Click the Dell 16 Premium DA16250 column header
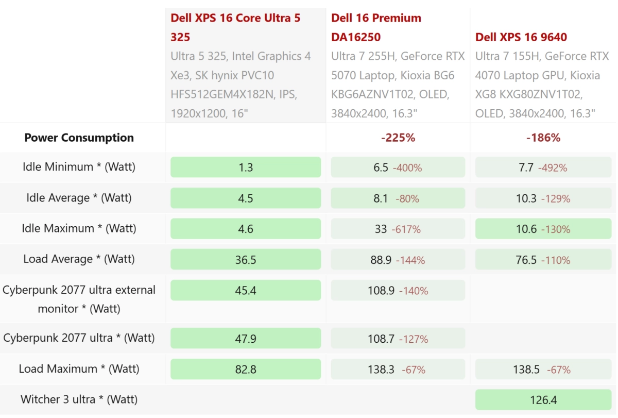tap(376, 27)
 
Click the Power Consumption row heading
tap(79, 138)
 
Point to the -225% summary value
tap(398, 138)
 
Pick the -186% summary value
tap(543, 138)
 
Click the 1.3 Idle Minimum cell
tap(246, 168)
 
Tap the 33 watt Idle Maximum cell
tap(398, 229)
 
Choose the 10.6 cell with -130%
tap(543, 229)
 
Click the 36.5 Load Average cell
tap(246, 260)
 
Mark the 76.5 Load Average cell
tap(543, 260)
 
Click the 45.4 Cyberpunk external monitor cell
tap(246, 290)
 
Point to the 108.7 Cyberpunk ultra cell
tap(398, 339)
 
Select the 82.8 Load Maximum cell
tap(246, 369)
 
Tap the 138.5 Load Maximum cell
tap(543, 369)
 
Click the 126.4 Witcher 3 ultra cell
tap(543, 400)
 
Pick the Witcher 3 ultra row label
tap(79, 399)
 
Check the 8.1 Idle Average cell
tap(398, 198)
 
